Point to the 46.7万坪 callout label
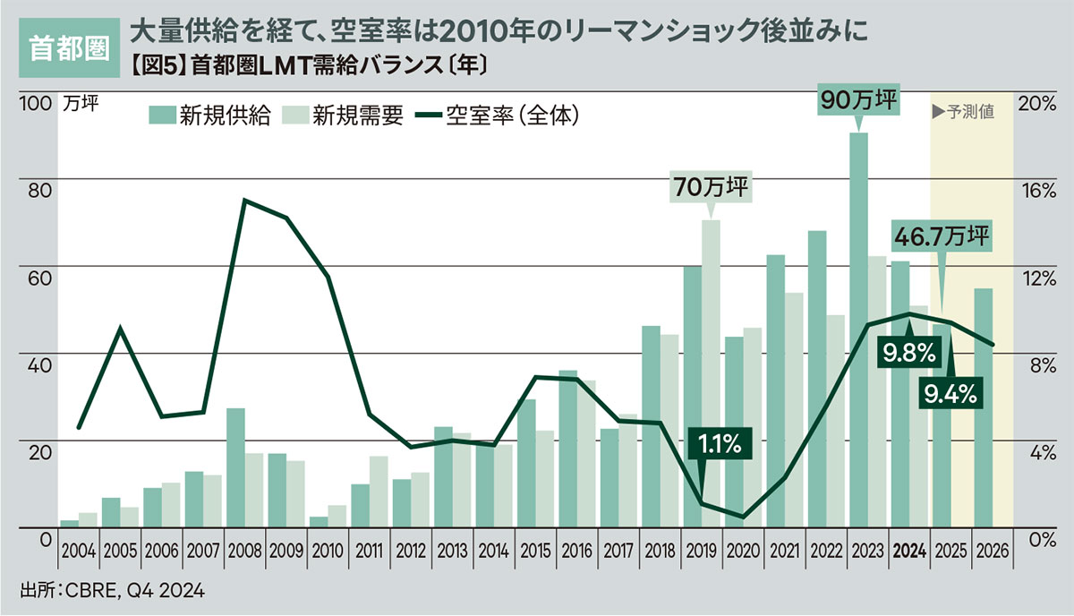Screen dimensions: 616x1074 pyautogui.click(x=941, y=236)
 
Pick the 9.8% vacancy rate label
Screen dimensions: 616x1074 pyautogui.click(x=908, y=355)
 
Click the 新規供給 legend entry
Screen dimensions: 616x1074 pyautogui.click(x=209, y=115)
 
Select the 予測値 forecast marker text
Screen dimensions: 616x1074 pyautogui.click(x=963, y=113)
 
